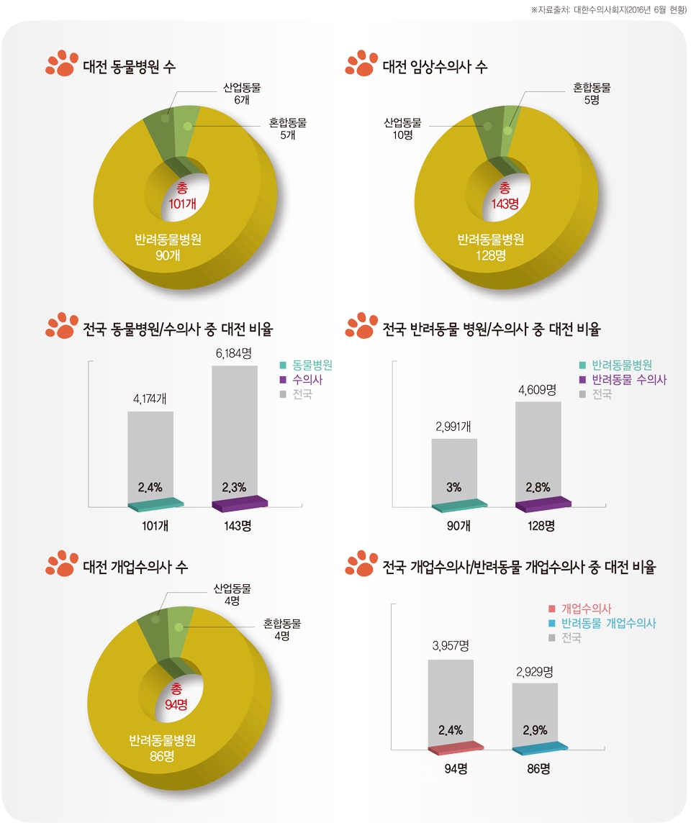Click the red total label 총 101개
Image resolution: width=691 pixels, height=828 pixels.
[x=182, y=196]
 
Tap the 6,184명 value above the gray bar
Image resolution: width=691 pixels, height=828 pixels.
[x=234, y=353]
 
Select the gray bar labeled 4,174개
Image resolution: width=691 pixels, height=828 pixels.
[x=150, y=453]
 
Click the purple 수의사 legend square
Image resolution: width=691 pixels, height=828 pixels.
[x=283, y=380]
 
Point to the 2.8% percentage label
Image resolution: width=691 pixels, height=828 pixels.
[x=538, y=487]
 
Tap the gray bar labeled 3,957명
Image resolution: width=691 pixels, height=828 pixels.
[x=451, y=701]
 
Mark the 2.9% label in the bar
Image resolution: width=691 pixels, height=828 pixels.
[x=535, y=731]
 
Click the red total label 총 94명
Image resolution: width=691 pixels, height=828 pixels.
[x=176, y=696]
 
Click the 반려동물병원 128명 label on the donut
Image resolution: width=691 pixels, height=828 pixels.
[x=491, y=247]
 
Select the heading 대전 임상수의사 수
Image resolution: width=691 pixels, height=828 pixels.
[x=435, y=67]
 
